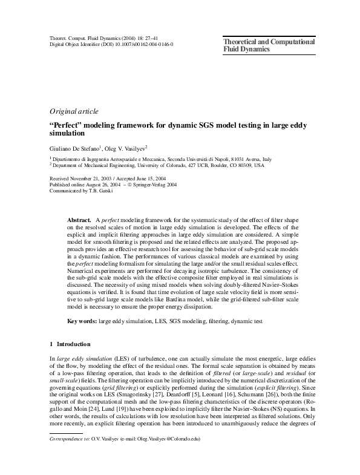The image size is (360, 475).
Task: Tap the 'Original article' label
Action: point(73,111)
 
